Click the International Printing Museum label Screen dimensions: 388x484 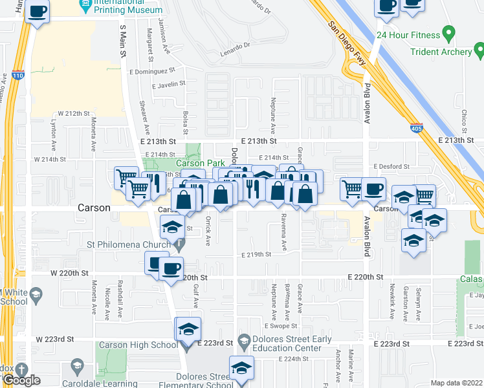pos(127,7)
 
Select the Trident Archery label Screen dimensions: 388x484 pos(443,52)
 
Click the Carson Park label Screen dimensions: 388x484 pos(200,164)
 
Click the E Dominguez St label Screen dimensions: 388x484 pos(152,70)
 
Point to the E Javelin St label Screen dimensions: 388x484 pos(169,84)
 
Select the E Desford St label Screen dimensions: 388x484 pos(391,166)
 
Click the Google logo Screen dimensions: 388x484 pos(22,381)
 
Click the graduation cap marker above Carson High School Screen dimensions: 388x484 pos(188,329)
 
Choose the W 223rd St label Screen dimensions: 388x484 pos(55,339)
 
